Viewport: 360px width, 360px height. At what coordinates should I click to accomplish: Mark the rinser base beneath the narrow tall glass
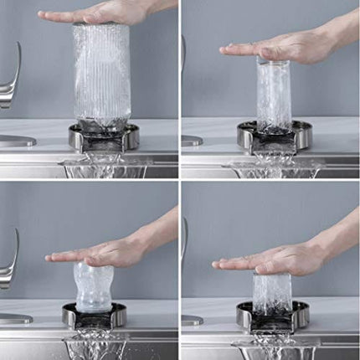coord(274,136)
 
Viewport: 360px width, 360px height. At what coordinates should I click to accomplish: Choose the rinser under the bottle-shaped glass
coord(94,316)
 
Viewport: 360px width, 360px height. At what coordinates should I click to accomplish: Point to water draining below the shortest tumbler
coord(272,346)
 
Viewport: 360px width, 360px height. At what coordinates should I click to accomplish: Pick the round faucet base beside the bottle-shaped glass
coord(15,318)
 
